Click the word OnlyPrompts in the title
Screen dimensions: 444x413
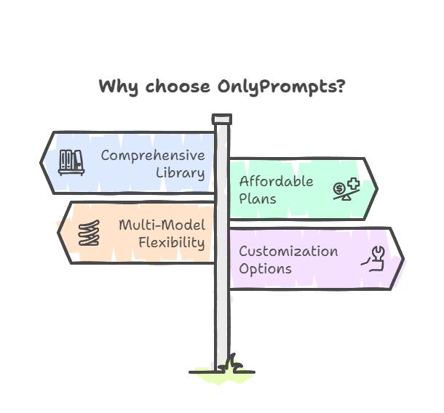[282, 87]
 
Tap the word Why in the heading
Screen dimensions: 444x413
[119, 87]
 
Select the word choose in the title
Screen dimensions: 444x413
[178, 86]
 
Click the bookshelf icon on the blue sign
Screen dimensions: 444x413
[71, 163]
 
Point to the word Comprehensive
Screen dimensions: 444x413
[153, 156]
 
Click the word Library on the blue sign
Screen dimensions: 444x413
[181, 173]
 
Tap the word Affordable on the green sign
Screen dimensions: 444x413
[277, 181]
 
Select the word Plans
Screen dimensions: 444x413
[258, 199]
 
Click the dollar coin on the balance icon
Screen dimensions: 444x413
[339, 188]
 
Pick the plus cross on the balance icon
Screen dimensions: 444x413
[354, 183]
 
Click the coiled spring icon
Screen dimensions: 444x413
[89, 233]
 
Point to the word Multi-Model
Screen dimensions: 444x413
[162, 225]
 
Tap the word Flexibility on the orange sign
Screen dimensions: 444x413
[172, 243]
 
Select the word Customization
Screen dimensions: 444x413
[288, 251]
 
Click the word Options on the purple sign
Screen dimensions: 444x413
[266, 269]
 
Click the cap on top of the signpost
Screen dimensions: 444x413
[222, 119]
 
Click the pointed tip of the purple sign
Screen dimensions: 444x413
[404, 259]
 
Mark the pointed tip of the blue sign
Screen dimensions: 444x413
[40, 163]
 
